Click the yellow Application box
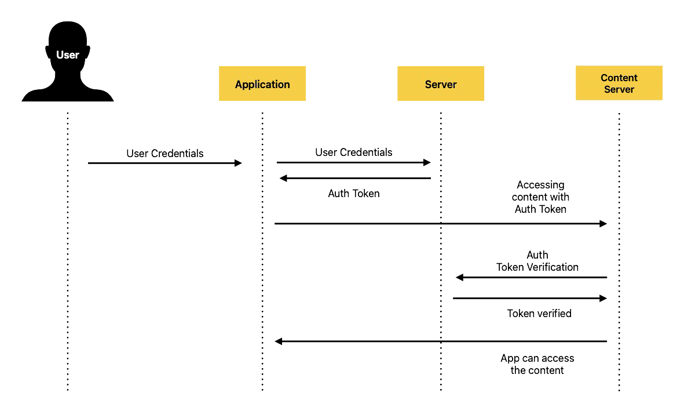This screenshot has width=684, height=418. tap(262, 83)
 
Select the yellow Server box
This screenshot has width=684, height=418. tap(441, 83)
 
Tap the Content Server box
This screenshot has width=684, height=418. tap(619, 83)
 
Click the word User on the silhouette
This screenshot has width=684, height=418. tap(68, 55)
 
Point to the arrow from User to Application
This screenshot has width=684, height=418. tap(165, 163)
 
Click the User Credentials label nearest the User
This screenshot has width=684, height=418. tap(165, 153)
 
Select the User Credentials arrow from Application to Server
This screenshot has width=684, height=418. tap(354, 162)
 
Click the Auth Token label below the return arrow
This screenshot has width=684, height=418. tap(354, 194)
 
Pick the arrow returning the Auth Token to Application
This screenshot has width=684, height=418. tap(355, 178)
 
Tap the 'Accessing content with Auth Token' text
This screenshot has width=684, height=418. tap(540, 197)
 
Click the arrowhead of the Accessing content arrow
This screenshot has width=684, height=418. tap(603, 224)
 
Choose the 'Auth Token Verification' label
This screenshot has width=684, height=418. tap(537, 261)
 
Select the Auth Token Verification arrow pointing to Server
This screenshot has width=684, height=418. tap(531, 277)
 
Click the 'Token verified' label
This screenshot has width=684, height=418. tap(539, 314)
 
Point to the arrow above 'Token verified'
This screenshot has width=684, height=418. tap(530, 299)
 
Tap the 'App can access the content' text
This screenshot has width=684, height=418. tap(537, 364)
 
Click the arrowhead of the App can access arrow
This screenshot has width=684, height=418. tap(279, 341)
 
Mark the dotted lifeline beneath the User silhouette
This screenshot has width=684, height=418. tap(68, 251)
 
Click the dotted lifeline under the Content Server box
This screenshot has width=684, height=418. tap(619, 251)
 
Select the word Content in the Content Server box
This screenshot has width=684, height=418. tap(619, 78)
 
